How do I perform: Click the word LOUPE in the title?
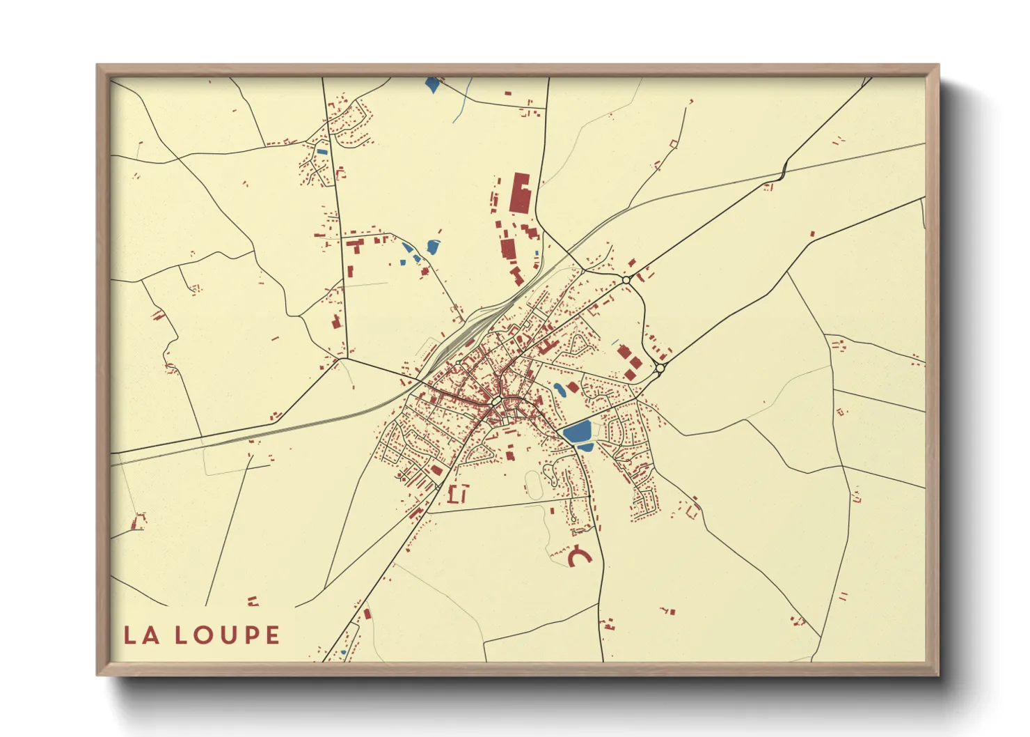(227, 635)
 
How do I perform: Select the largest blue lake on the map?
(577, 432)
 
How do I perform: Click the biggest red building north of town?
(520, 193)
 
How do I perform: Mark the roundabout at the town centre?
(496, 402)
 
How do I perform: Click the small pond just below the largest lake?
(585, 447)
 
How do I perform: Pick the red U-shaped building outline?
(458, 494)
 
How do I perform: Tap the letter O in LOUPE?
(203, 635)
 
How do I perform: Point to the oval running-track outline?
(533, 484)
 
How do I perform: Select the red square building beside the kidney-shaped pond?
(572, 387)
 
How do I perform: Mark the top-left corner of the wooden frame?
(97, 65)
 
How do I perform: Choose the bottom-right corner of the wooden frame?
(938, 674)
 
